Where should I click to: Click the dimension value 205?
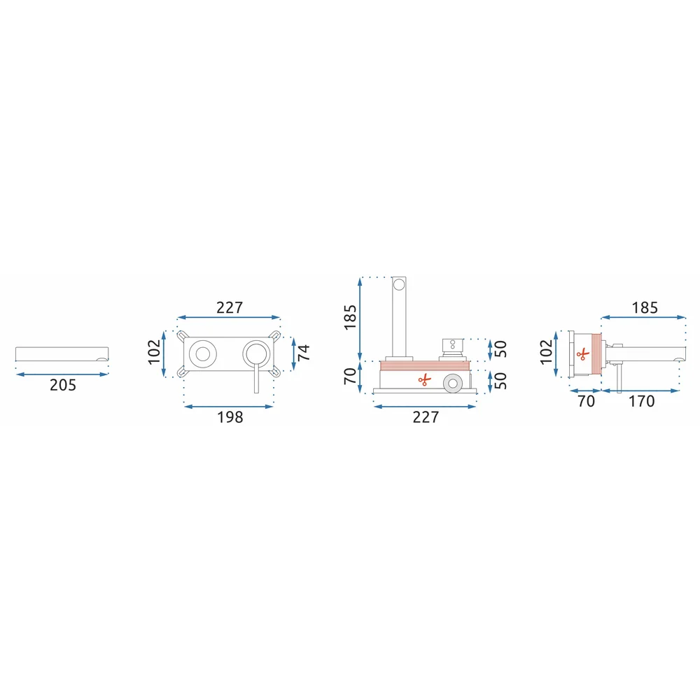coord(63,385)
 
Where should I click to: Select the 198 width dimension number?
coord(230,417)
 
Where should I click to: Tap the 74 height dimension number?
coord(304,353)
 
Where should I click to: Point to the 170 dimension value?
coord(641,401)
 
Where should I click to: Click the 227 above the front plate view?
coord(230,307)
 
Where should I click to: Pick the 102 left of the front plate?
coord(154,352)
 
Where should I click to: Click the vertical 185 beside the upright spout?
coord(350,317)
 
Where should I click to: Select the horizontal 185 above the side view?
coord(645,307)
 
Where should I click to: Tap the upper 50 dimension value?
coord(500,349)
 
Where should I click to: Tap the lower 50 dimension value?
coord(500,380)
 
